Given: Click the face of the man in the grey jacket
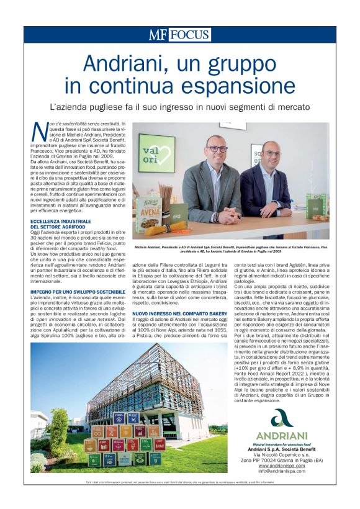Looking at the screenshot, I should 216,149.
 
